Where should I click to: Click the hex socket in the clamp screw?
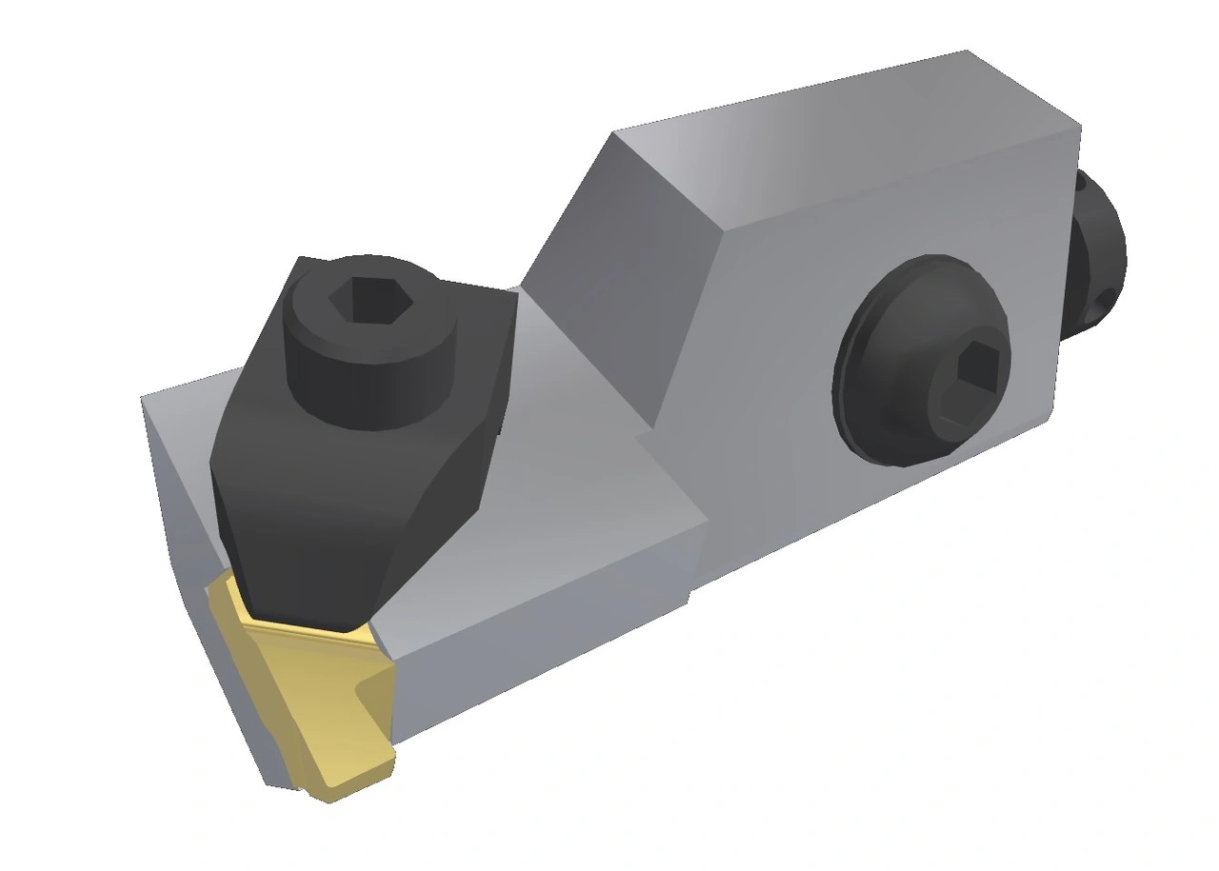click(x=370, y=301)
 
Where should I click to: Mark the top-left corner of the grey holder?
click(x=143, y=398)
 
